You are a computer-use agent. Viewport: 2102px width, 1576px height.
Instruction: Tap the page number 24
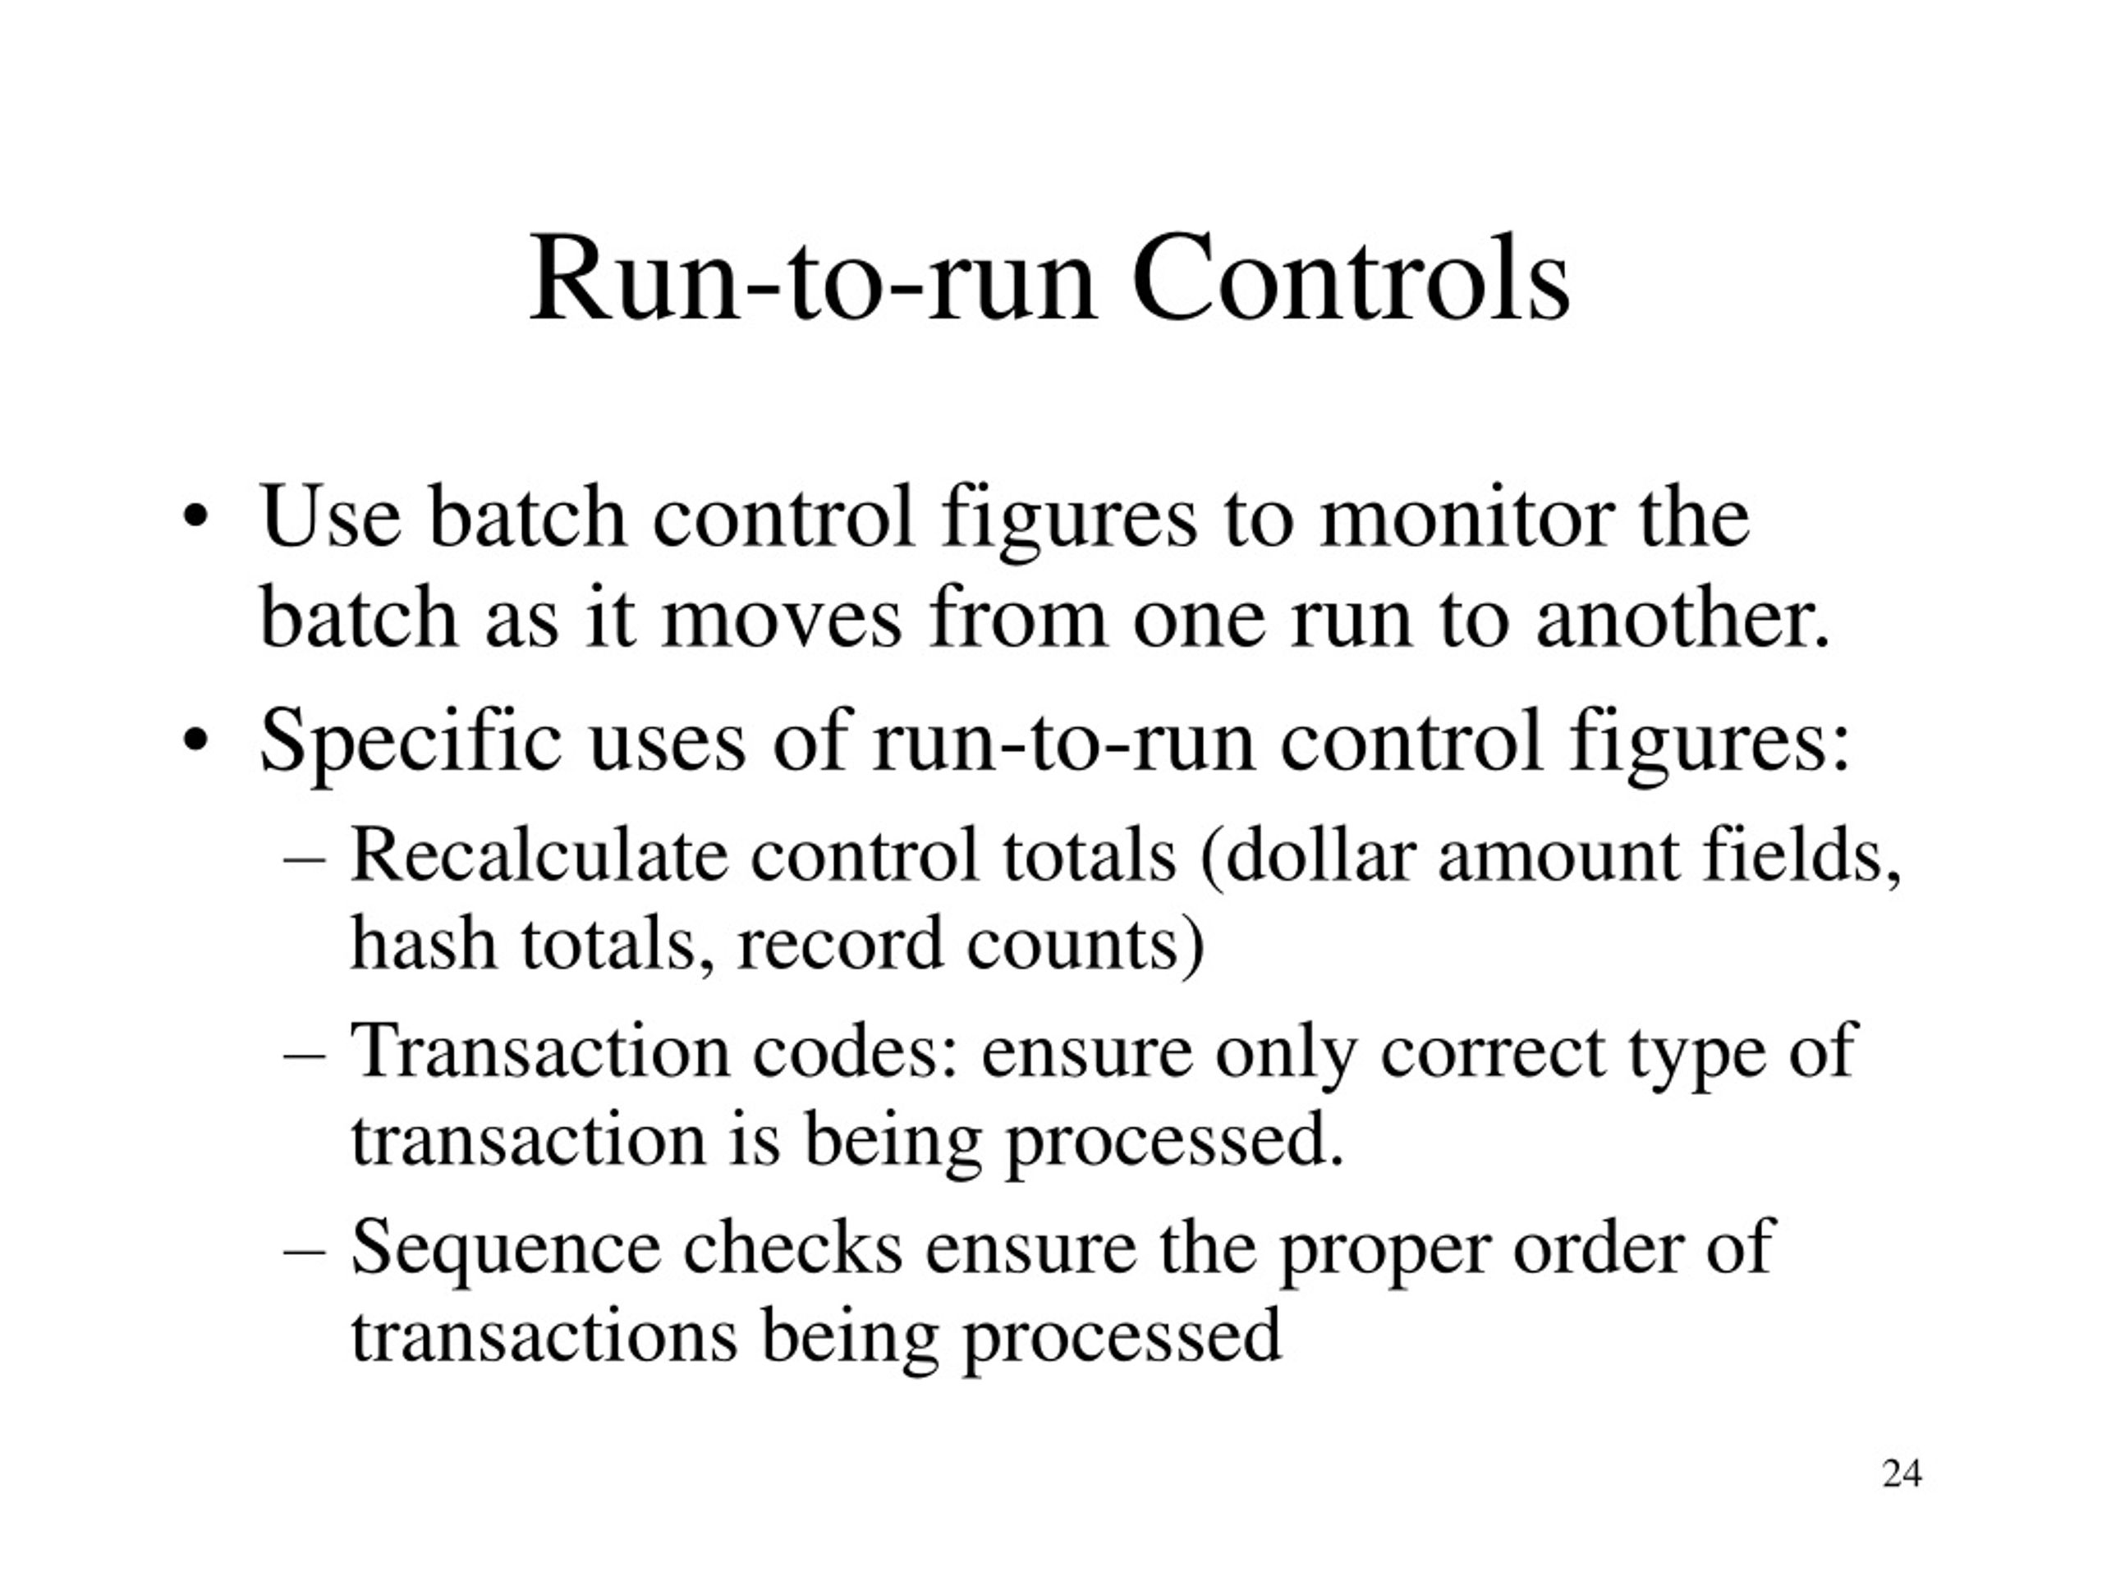[x=1902, y=1473]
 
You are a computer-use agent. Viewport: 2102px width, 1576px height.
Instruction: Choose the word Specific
[x=411, y=743]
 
